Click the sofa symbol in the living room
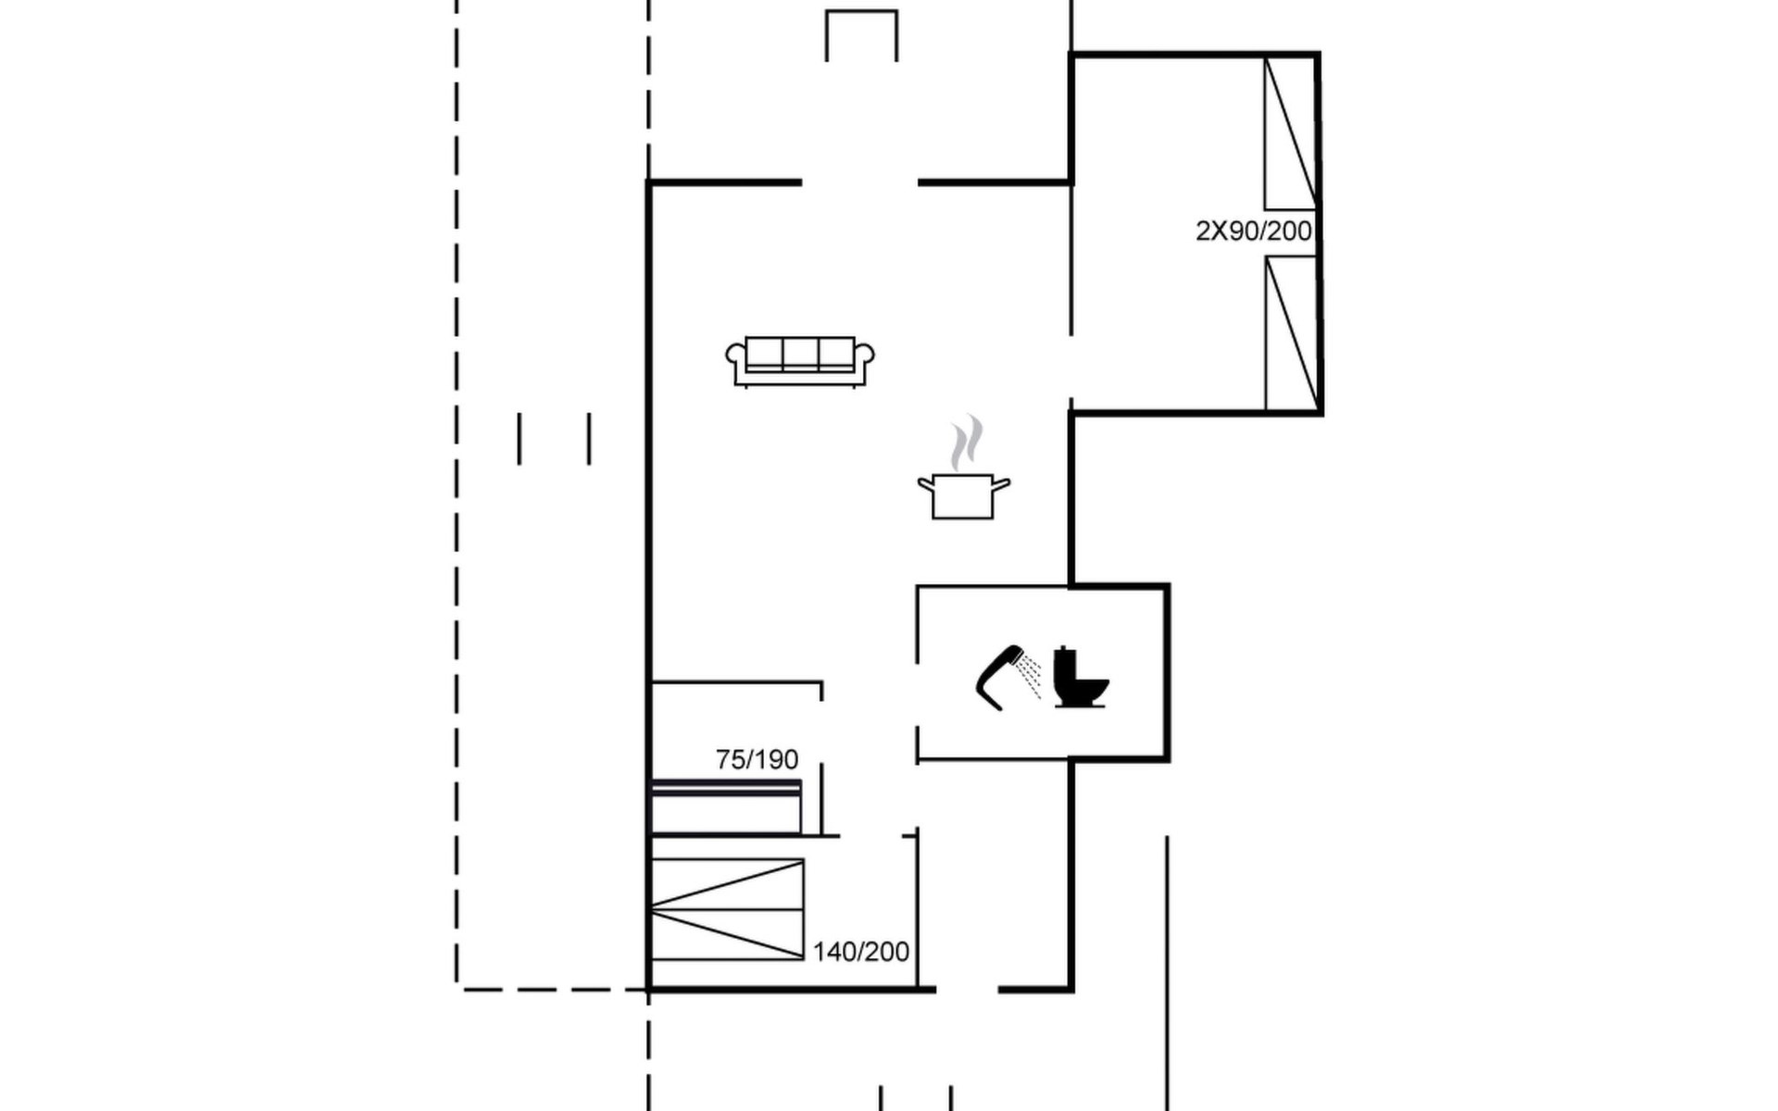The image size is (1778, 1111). pos(800,361)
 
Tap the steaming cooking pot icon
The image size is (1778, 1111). pos(963,468)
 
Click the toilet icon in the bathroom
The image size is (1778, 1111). pos(1081,678)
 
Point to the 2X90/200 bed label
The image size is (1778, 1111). pos(1254,231)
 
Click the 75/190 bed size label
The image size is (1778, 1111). pos(757,760)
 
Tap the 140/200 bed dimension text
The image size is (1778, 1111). pos(861,952)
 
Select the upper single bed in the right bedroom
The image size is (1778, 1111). pos(1291,133)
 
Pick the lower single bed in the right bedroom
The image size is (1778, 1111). pos(1291,333)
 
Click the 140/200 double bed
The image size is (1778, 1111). pos(727,909)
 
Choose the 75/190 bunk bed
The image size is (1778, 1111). pos(726,807)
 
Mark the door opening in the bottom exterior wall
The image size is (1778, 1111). pos(967,990)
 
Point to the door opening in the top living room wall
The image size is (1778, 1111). pos(859,182)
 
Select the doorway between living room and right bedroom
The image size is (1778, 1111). pos(1071,368)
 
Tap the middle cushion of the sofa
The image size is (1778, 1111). pos(800,352)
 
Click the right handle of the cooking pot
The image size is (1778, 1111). pos(1001,483)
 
